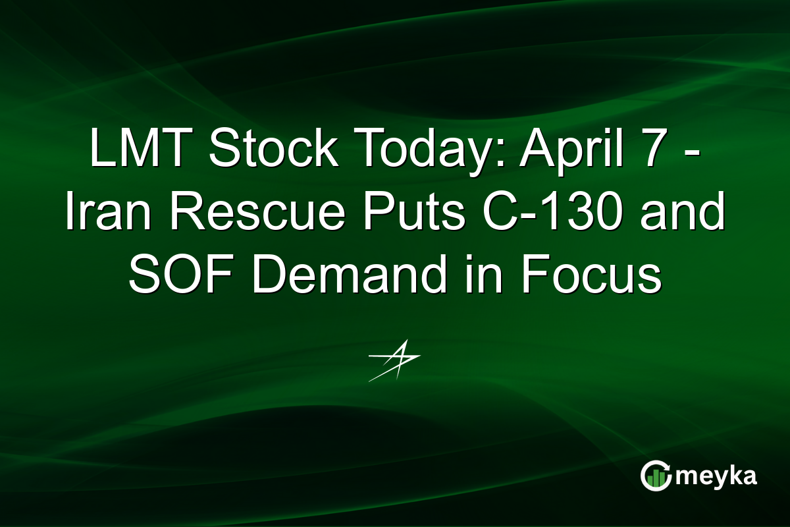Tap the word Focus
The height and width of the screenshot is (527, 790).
coord(592,275)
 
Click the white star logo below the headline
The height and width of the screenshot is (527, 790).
coord(394,360)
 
